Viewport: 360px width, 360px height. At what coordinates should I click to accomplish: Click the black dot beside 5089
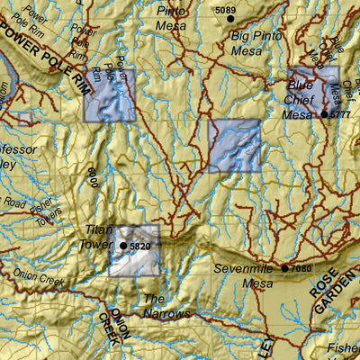click(x=230, y=18)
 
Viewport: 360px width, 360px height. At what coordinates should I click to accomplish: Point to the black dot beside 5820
click(x=123, y=245)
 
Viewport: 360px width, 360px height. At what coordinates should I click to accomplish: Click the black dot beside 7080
click(x=284, y=267)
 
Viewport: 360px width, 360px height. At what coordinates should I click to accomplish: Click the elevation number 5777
click(x=340, y=115)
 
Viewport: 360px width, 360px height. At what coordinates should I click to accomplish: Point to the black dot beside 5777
click(x=324, y=114)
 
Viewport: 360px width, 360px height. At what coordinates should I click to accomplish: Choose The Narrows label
click(x=166, y=306)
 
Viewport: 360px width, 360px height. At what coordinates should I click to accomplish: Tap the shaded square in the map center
click(x=234, y=145)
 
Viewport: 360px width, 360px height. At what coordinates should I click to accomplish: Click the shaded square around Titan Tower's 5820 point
click(x=134, y=250)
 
